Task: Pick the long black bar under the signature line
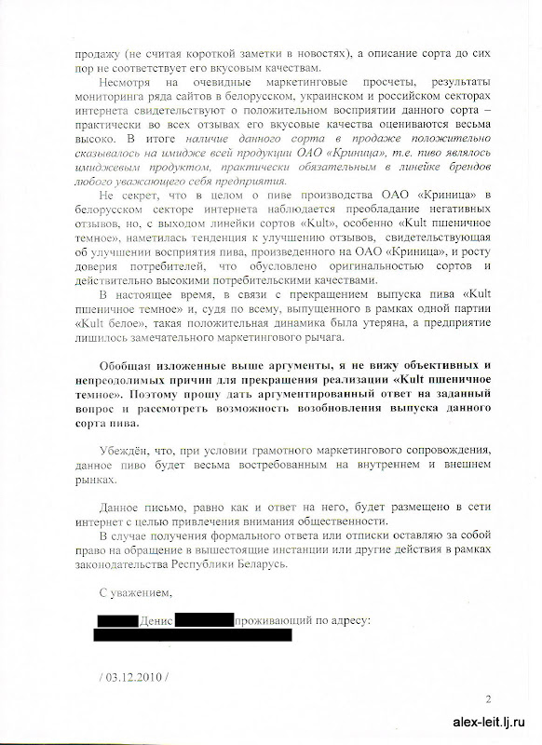193,635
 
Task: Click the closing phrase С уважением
135,591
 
